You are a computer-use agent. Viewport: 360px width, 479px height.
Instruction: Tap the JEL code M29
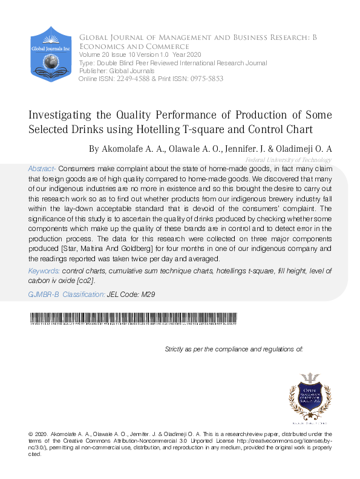point(148,294)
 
